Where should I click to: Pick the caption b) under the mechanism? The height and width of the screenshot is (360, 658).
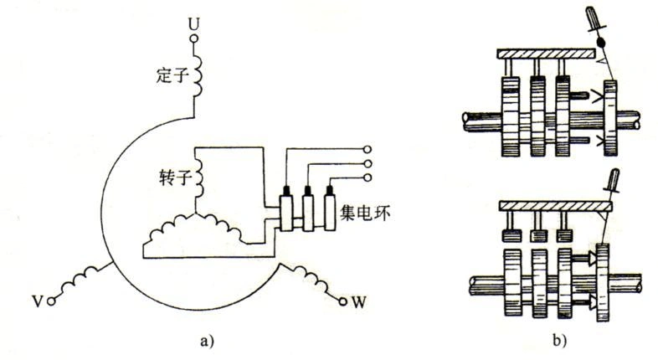pyautogui.click(x=554, y=340)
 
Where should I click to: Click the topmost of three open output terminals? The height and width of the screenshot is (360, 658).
pyautogui.click(x=366, y=150)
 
